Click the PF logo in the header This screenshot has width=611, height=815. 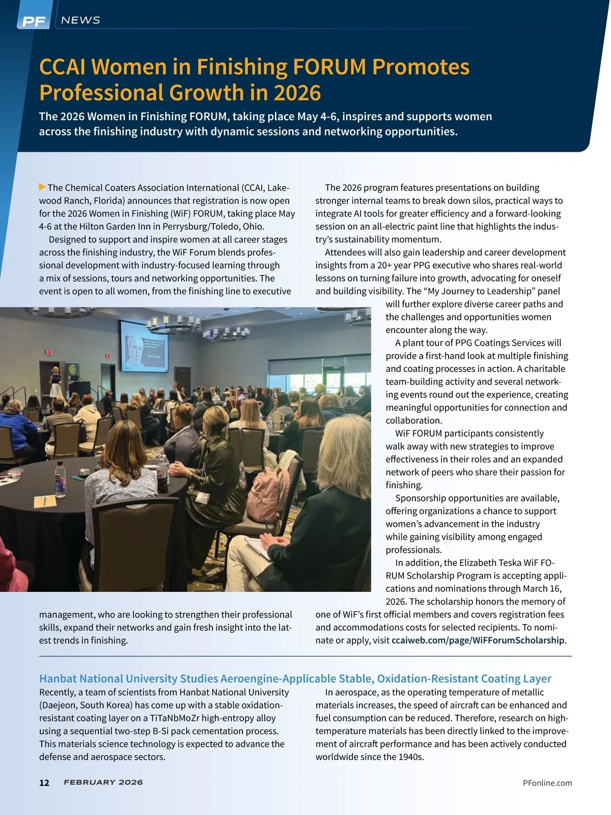tap(34, 21)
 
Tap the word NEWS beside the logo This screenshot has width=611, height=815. tap(80, 20)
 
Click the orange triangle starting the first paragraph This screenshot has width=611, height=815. tap(42, 187)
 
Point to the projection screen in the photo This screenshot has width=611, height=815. tap(144, 349)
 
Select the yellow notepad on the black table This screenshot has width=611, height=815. tap(45, 502)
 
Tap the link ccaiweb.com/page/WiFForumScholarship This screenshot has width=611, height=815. tap(478, 640)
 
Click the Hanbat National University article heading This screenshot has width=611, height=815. tap(295, 678)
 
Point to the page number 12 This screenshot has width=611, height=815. tap(44, 783)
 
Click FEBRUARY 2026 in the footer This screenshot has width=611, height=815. tap(103, 782)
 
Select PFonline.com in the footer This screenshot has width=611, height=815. tap(547, 783)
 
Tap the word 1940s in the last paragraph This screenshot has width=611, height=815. tap(411, 757)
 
